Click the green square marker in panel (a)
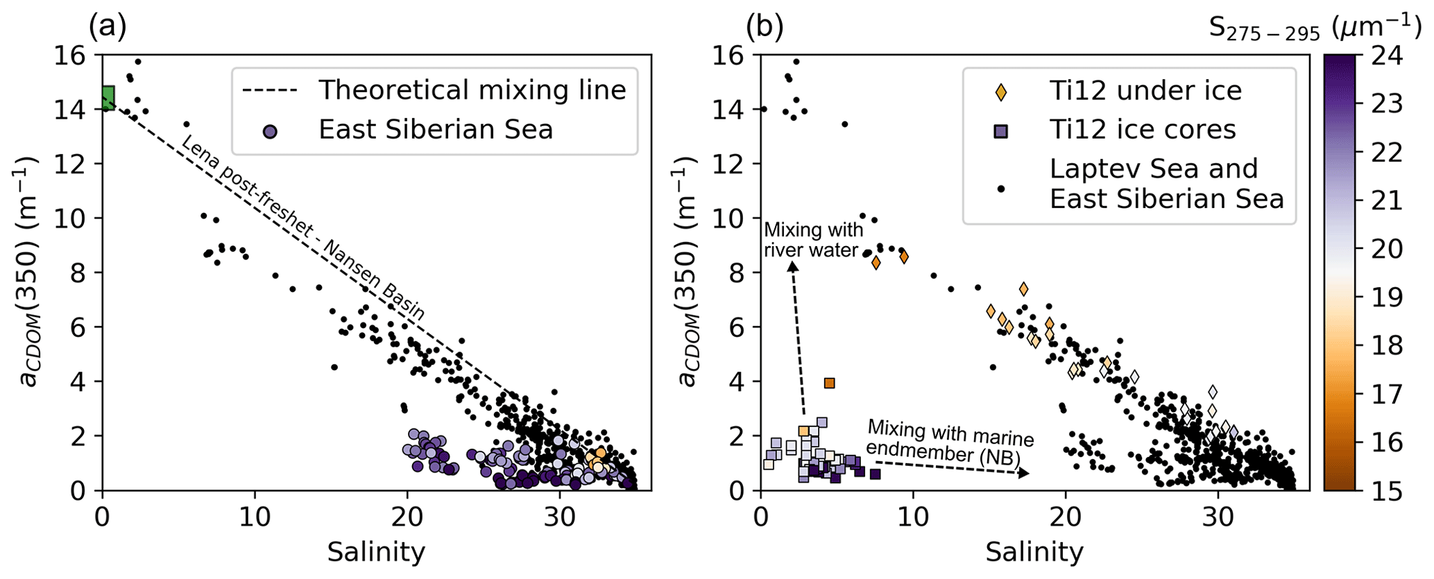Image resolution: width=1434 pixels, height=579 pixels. [x=108, y=98]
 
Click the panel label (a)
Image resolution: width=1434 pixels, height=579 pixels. [x=108, y=26]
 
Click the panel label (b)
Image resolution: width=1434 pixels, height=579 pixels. [x=765, y=26]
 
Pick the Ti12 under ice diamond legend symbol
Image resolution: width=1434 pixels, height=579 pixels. [x=1001, y=92]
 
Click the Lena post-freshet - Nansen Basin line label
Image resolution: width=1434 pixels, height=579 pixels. [x=302, y=227]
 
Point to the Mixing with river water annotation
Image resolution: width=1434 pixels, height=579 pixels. [x=813, y=240]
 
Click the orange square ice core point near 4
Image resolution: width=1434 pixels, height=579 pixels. [x=829, y=383]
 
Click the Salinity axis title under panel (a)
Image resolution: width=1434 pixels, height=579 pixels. [x=376, y=553]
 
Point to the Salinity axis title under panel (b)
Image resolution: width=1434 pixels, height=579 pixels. [x=1034, y=553]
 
